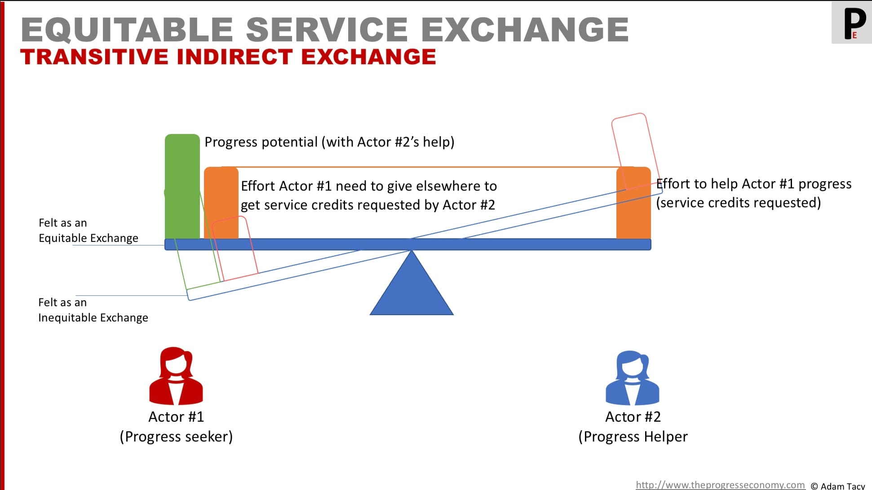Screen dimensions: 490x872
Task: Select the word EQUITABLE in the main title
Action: [x=126, y=30]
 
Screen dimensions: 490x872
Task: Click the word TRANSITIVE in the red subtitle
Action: [x=94, y=57]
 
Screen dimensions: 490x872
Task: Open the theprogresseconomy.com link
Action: [x=720, y=485]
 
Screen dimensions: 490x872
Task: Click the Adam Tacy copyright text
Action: [x=838, y=486]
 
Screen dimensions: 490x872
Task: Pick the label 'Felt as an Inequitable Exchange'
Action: [x=93, y=310]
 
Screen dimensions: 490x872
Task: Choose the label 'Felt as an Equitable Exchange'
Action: [x=88, y=230]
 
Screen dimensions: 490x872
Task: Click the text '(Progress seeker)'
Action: [x=176, y=437]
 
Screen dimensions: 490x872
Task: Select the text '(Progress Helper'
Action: [x=633, y=437]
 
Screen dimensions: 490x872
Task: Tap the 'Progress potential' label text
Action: [x=261, y=142]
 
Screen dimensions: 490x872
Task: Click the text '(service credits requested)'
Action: [x=738, y=203]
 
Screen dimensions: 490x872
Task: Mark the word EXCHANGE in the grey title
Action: [x=524, y=30]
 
